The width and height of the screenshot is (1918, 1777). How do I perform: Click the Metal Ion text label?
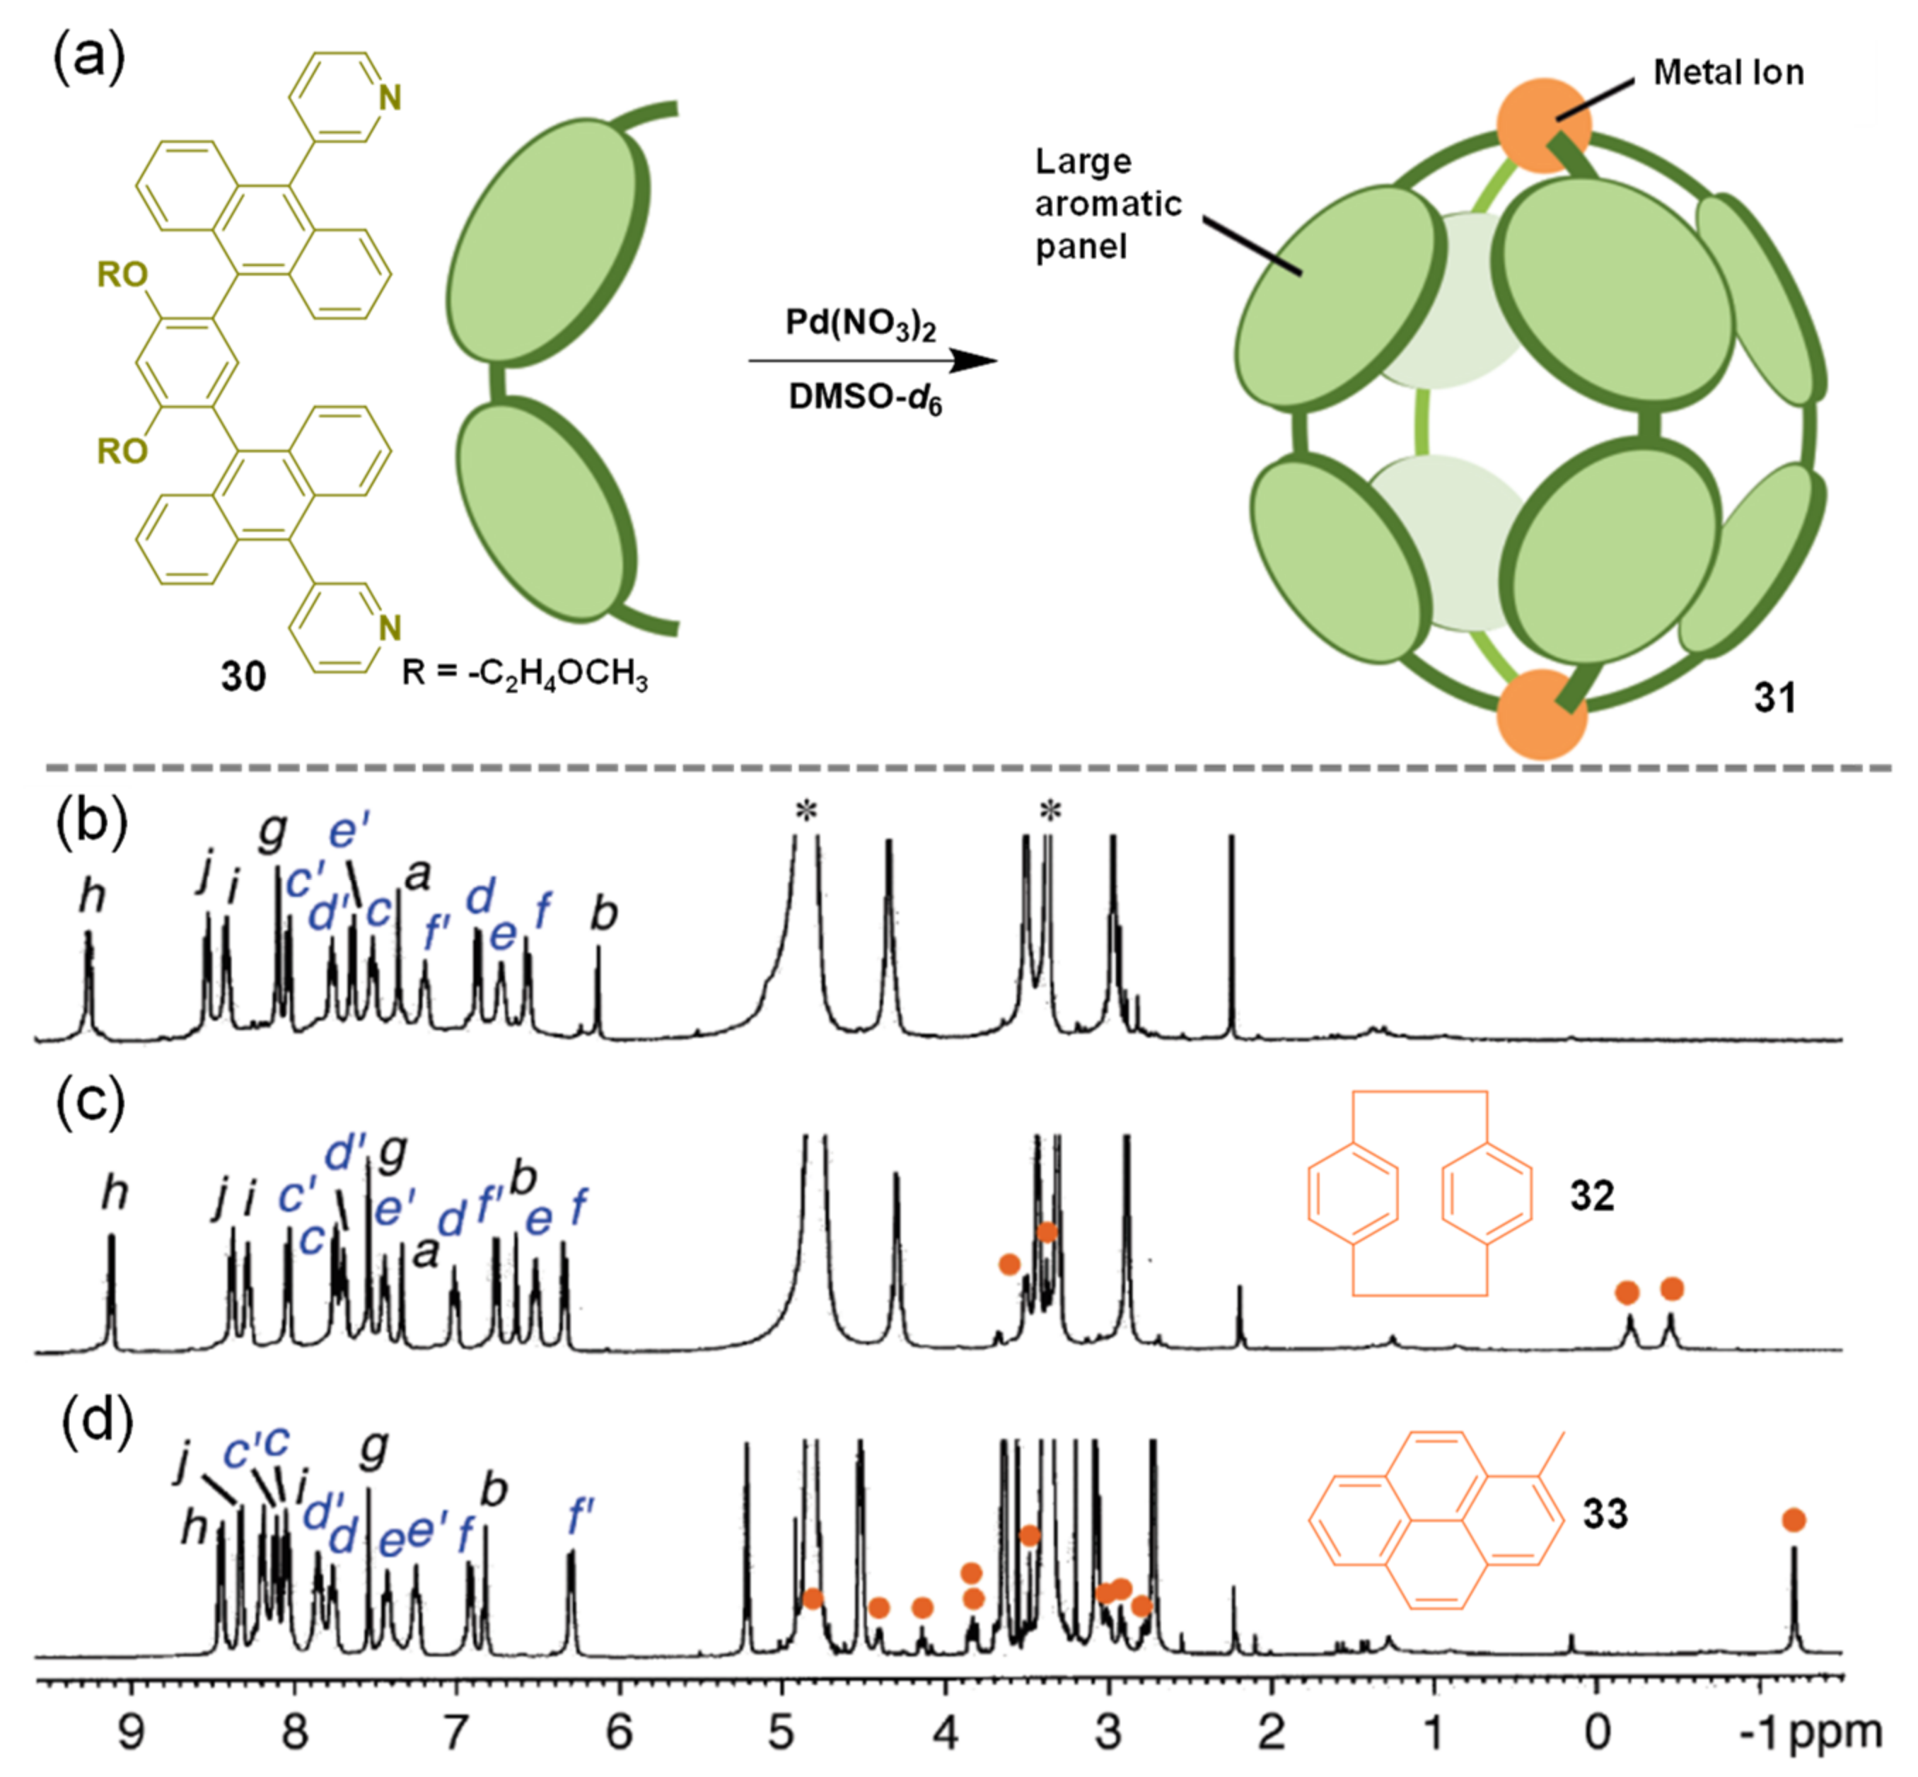[x=1728, y=72]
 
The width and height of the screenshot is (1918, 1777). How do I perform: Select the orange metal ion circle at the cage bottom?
[x=1542, y=714]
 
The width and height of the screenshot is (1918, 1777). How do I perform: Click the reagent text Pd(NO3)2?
[x=861, y=324]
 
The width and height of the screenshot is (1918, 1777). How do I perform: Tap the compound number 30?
[x=243, y=677]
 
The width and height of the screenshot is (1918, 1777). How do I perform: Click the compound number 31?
[x=1774, y=697]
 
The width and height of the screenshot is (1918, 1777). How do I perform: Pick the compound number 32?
[x=1592, y=1196]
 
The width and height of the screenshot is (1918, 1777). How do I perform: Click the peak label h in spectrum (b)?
[x=91, y=896]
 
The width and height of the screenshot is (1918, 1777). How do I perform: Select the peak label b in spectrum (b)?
[x=603, y=913]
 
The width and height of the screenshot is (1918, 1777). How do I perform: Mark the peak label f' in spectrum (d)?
[x=580, y=1517]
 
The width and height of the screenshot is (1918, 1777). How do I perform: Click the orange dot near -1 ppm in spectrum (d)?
[x=1793, y=1520]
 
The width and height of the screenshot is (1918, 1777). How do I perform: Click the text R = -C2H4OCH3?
[x=524, y=673]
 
